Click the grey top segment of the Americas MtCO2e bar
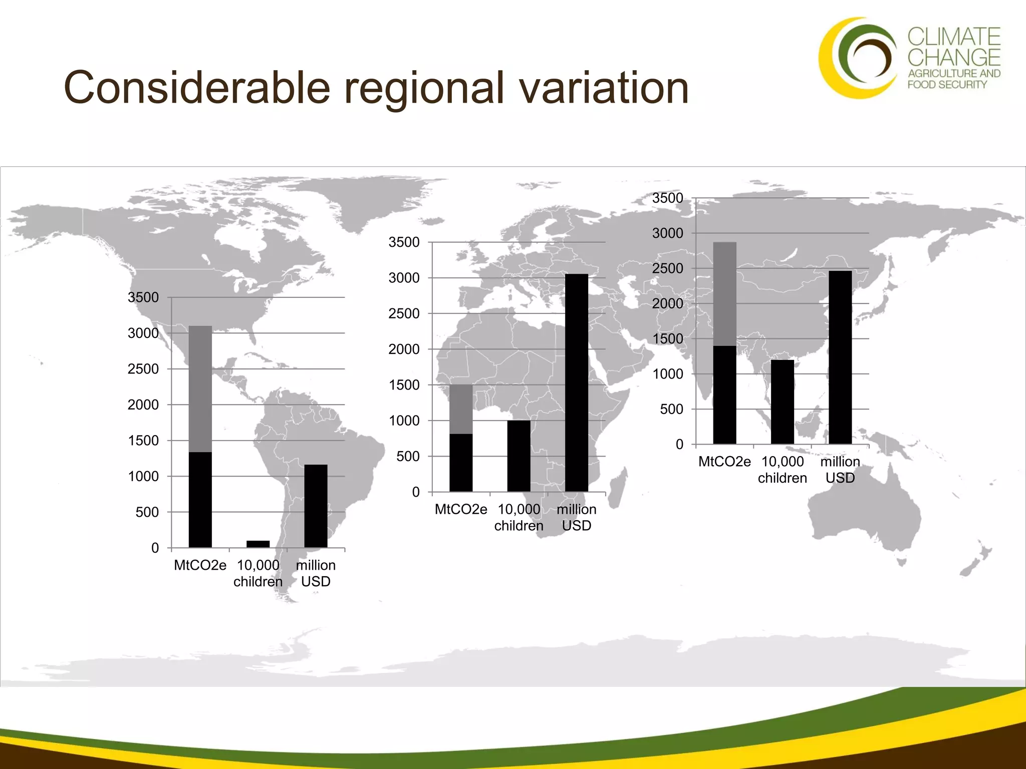coord(200,389)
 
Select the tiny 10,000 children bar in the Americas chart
coord(258,544)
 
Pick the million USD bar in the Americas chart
coord(316,506)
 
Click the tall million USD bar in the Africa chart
coord(576,382)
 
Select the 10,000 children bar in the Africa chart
coord(519,456)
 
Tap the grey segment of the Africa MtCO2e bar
coord(461,409)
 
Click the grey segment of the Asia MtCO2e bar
coord(724,294)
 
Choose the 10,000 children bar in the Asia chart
coord(782,402)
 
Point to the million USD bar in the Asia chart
coord(840,357)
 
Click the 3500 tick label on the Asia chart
coord(667,198)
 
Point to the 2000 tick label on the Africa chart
coord(404,349)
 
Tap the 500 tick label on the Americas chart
coord(147,512)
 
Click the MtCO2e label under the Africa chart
coord(460,510)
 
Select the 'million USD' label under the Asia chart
coord(840,470)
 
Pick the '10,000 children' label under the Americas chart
coord(258,573)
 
